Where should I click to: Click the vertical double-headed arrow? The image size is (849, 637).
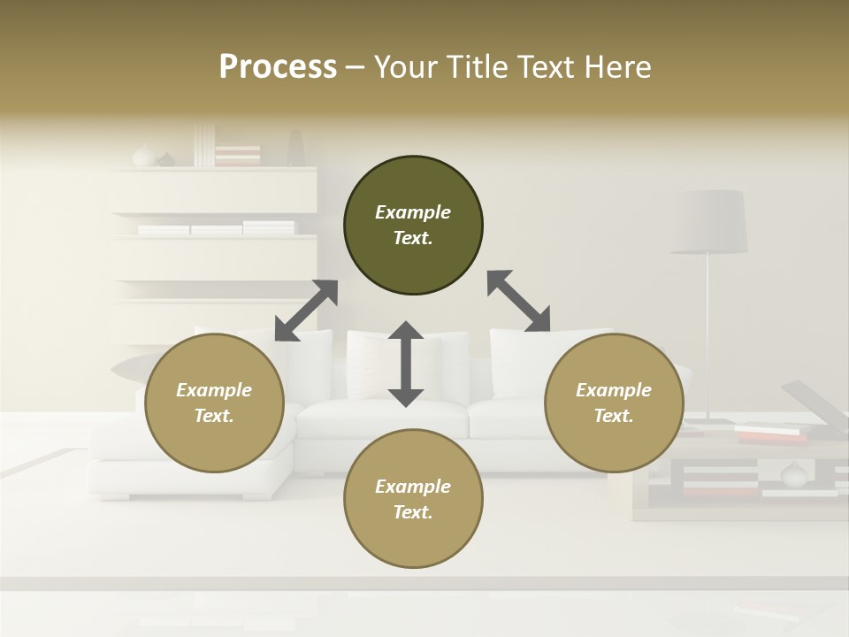coord(406,364)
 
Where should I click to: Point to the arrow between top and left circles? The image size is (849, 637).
coord(306,311)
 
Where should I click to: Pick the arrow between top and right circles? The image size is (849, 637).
coord(519,302)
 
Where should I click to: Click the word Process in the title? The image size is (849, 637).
coord(278,66)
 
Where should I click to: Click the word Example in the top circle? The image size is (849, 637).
coord(413,212)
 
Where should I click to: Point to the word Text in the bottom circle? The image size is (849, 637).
coord(413,512)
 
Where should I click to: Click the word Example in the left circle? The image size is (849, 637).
coord(214,390)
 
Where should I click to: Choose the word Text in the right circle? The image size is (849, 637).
coord(614,416)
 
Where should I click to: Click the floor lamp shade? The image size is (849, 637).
coord(708,222)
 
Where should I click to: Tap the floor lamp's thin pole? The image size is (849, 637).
coord(707,336)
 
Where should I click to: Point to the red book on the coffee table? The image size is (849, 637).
coord(771,436)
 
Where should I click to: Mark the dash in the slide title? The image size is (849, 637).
coord(356,67)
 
